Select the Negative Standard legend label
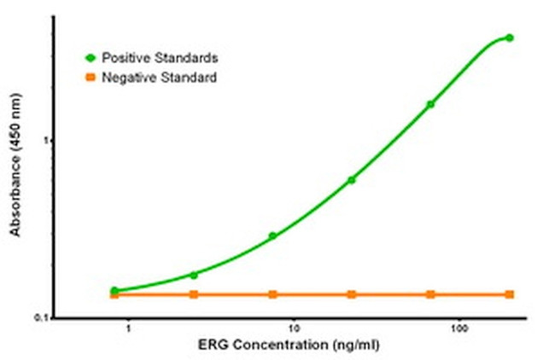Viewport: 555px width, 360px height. click(x=159, y=78)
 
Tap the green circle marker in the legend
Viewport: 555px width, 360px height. click(x=89, y=57)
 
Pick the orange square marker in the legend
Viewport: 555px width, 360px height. click(x=89, y=78)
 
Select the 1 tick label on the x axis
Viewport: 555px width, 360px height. click(x=128, y=328)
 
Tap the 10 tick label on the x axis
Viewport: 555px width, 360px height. click(x=294, y=328)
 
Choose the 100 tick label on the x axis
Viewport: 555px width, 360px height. click(x=460, y=328)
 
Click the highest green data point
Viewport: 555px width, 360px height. click(x=510, y=38)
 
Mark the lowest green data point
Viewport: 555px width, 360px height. click(x=114, y=291)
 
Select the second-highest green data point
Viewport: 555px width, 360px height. click(x=430, y=104)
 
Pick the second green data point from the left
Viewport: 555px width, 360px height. click(x=194, y=275)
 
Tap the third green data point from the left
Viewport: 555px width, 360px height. click(x=272, y=235)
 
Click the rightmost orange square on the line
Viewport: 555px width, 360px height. click(x=510, y=294)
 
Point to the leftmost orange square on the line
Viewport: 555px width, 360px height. click(x=114, y=294)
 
